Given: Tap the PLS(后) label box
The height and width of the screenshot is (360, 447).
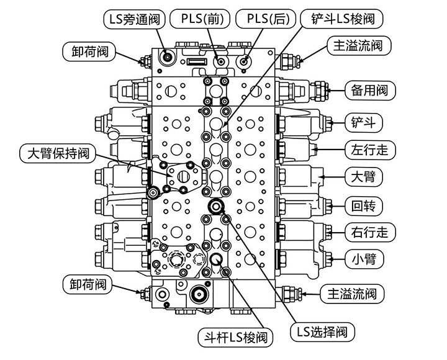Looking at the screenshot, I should point(264,19).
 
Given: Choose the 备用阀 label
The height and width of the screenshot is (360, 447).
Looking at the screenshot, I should point(368,91).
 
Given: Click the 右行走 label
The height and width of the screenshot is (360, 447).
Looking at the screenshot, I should point(369,232).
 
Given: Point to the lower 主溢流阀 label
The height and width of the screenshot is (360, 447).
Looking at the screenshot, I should point(351,293).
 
